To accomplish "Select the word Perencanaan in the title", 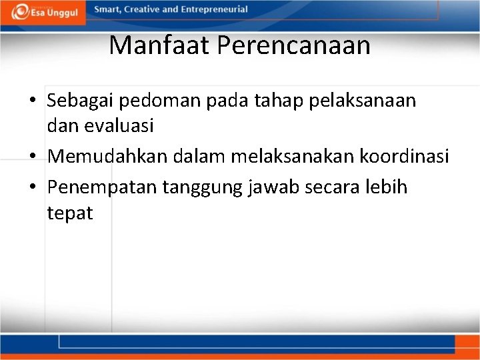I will pyautogui.click(x=294, y=45).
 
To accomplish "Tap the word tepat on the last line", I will pyautogui.click(x=70, y=214).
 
